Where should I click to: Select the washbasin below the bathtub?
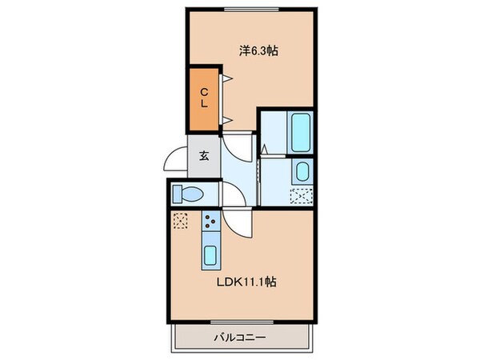pos(302,170)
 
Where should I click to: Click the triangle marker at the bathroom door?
pos(263,147)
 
